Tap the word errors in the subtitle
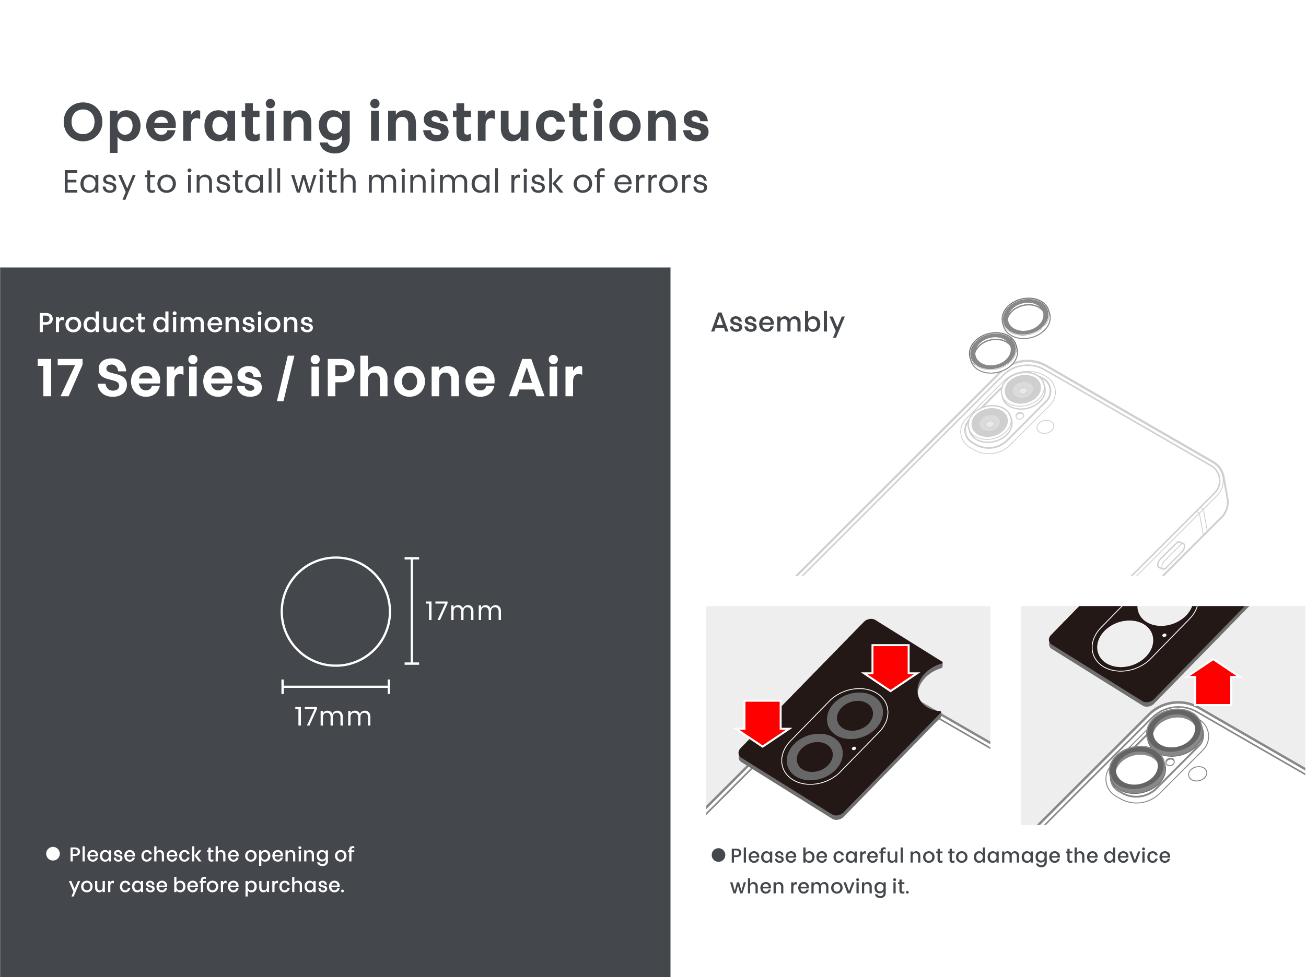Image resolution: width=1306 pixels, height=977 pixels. [x=660, y=182]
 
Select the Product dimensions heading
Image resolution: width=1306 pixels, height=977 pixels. [x=176, y=323]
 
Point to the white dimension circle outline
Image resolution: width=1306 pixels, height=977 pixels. [x=335, y=557]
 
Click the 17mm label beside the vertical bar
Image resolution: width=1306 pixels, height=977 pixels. [x=463, y=611]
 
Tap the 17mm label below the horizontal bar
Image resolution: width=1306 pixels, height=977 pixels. [x=333, y=717]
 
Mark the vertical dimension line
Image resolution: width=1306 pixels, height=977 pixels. [x=412, y=611]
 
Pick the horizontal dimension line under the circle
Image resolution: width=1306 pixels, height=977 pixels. [x=335, y=687]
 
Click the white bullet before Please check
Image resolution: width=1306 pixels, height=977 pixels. [x=53, y=854]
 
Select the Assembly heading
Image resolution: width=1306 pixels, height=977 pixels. [x=777, y=323]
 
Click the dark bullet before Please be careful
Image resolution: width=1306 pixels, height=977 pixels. [x=718, y=855]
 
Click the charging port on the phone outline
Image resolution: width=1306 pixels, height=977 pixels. [x=1171, y=556]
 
